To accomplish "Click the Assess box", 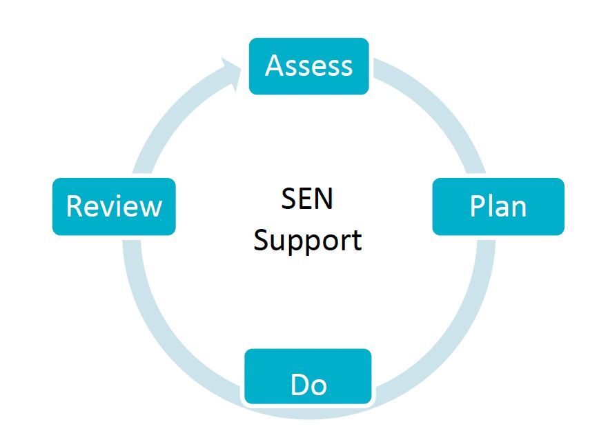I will pos(308,66).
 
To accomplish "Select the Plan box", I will pos(498,206).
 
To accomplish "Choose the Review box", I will pos(114,206).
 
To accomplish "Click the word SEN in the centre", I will pos(307,200).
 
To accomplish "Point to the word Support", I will pos(307,240).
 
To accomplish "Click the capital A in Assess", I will pos(275,66).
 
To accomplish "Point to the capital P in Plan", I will pos(477,206).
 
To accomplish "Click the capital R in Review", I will pos(74,206).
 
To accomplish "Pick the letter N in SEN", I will pos(323,200).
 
